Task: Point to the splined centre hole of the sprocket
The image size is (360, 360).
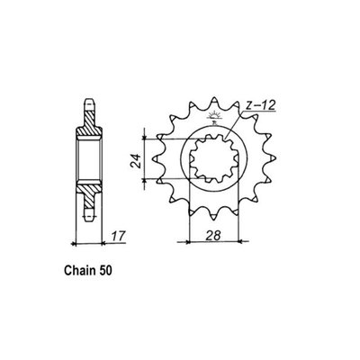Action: tap(214, 160)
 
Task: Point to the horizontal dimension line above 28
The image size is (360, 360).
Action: tap(214, 241)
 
